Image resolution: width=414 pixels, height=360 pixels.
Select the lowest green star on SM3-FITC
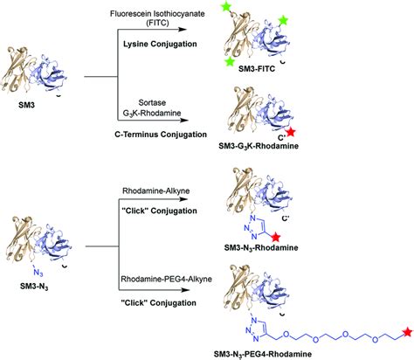229,62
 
